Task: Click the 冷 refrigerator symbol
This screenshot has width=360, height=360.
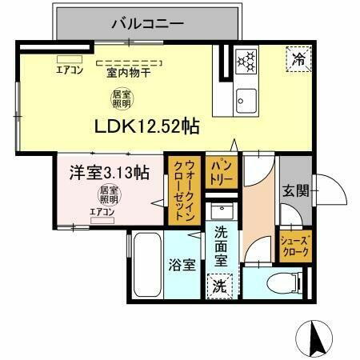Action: [297, 58]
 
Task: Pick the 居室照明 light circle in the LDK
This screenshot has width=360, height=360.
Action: [121, 100]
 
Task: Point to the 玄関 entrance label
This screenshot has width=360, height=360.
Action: [294, 191]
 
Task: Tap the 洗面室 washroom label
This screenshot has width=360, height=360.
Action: [221, 247]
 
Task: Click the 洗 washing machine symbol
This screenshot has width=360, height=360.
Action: [219, 284]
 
